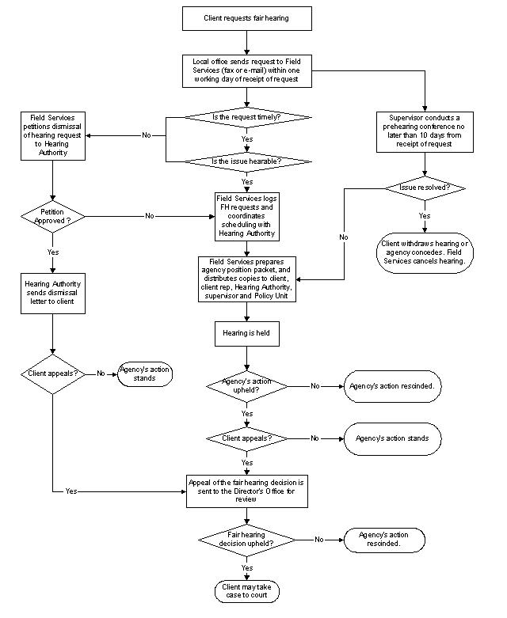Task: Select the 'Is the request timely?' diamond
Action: click(246, 117)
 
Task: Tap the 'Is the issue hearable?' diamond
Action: click(246, 161)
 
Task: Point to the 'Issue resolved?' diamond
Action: click(425, 188)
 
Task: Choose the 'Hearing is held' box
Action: click(246, 334)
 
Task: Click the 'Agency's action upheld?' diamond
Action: click(246, 386)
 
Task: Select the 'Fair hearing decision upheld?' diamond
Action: click(246, 540)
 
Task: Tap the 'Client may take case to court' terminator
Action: click(246, 590)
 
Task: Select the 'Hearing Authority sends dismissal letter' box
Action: click(52, 292)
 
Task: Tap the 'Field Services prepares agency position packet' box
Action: click(246, 278)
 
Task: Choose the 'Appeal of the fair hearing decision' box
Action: click(246, 491)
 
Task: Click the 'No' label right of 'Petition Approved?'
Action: click(149, 215)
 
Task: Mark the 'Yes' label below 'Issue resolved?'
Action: click(425, 215)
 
